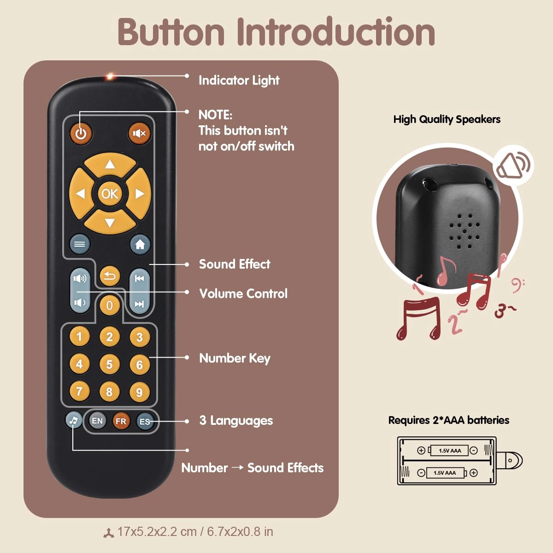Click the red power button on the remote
coord(81,134)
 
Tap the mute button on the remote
coord(139,133)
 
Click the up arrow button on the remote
coord(110,165)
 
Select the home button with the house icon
coord(140,244)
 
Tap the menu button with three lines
coord(79,244)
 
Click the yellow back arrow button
coord(110,276)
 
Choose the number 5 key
coord(109,365)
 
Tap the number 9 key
coord(139,392)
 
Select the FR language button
coord(121,421)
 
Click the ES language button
coord(145,421)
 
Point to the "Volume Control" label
coord(243,294)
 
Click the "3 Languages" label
coord(236,420)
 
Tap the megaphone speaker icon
coord(512,165)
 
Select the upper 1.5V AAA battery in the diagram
coord(449,450)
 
